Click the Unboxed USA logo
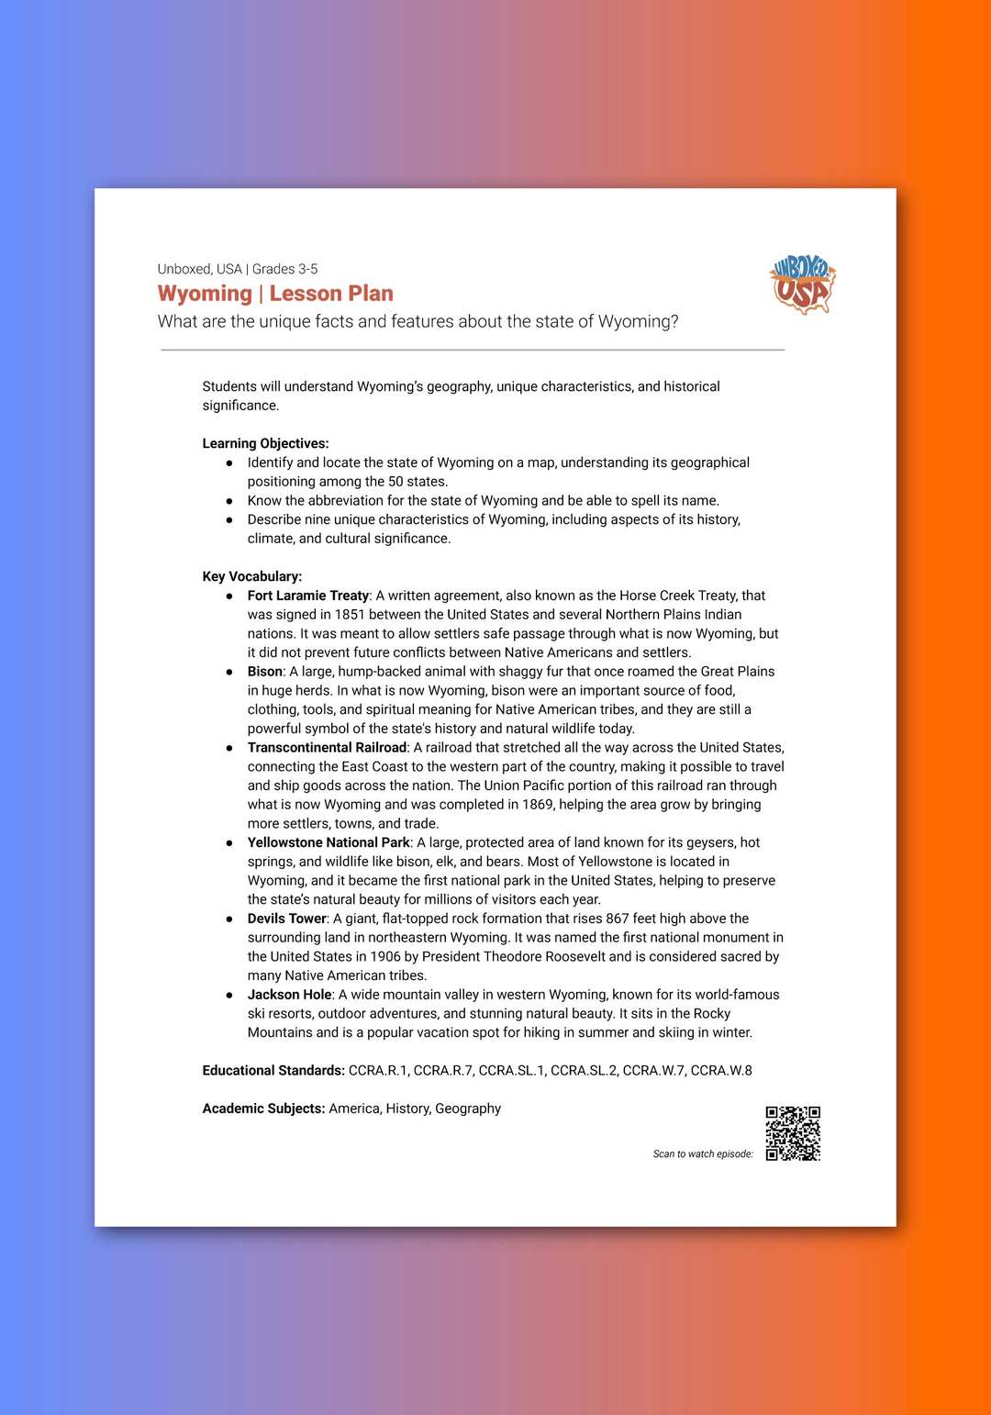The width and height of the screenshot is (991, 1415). click(x=803, y=285)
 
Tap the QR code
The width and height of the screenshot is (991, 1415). click(x=793, y=1133)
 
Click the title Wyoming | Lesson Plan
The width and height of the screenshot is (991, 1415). click(x=275, y=294)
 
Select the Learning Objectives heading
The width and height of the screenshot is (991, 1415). click(x=265, y=443)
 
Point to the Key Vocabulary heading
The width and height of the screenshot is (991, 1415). click(x=251, y=576)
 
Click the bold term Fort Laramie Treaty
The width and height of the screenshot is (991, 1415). click(x=308, y=596)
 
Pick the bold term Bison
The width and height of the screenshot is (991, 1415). click(x=265, y=672)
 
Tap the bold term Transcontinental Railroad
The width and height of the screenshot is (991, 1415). click(x=327, y=748)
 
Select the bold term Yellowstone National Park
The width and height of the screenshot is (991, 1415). click(x=328, y=842)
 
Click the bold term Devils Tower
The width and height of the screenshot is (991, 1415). click(x=287, y=919)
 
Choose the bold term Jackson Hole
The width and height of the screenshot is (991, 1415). click(x=290, y=995)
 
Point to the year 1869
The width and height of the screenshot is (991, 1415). click(x=537, y=805)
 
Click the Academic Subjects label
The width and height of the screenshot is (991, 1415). click(x=263, y=1109)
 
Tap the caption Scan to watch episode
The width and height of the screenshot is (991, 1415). click(x=703, y=1154)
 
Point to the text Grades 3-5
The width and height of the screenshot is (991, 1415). click(x=285, y=269)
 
